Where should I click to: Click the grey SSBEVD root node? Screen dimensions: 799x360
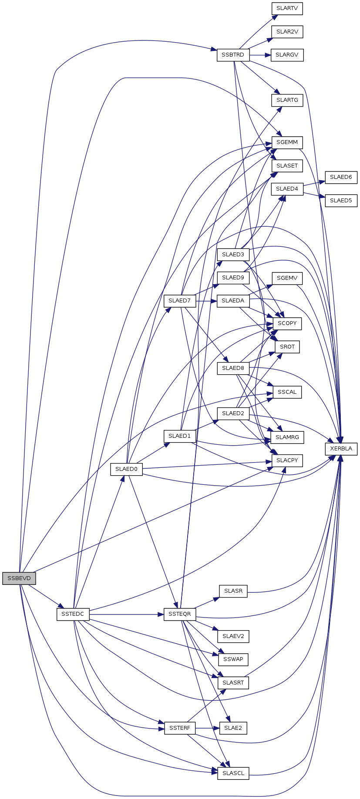19,578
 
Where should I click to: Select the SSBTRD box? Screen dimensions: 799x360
233,55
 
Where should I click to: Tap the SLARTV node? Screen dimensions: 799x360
287,9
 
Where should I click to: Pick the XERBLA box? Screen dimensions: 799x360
341,449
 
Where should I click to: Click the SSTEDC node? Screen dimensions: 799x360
73,614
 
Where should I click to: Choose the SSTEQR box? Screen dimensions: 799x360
180,614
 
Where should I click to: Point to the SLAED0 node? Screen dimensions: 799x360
126,469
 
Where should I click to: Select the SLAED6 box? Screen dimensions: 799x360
341,177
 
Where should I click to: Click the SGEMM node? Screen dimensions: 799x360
287,142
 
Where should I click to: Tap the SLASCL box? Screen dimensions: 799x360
233,773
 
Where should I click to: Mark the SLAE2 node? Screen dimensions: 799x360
233,728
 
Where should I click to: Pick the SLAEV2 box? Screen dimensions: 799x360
233,636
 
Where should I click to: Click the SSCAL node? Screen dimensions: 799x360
287,392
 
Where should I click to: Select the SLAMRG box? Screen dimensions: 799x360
287,437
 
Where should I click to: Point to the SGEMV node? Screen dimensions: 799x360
287,278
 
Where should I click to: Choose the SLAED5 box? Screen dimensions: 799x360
341,201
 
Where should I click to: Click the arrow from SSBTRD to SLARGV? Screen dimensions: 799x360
260,55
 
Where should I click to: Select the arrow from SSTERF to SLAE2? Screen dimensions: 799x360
207,728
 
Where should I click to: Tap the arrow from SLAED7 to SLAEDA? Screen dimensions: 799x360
206,301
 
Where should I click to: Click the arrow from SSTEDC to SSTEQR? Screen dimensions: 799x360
126,614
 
